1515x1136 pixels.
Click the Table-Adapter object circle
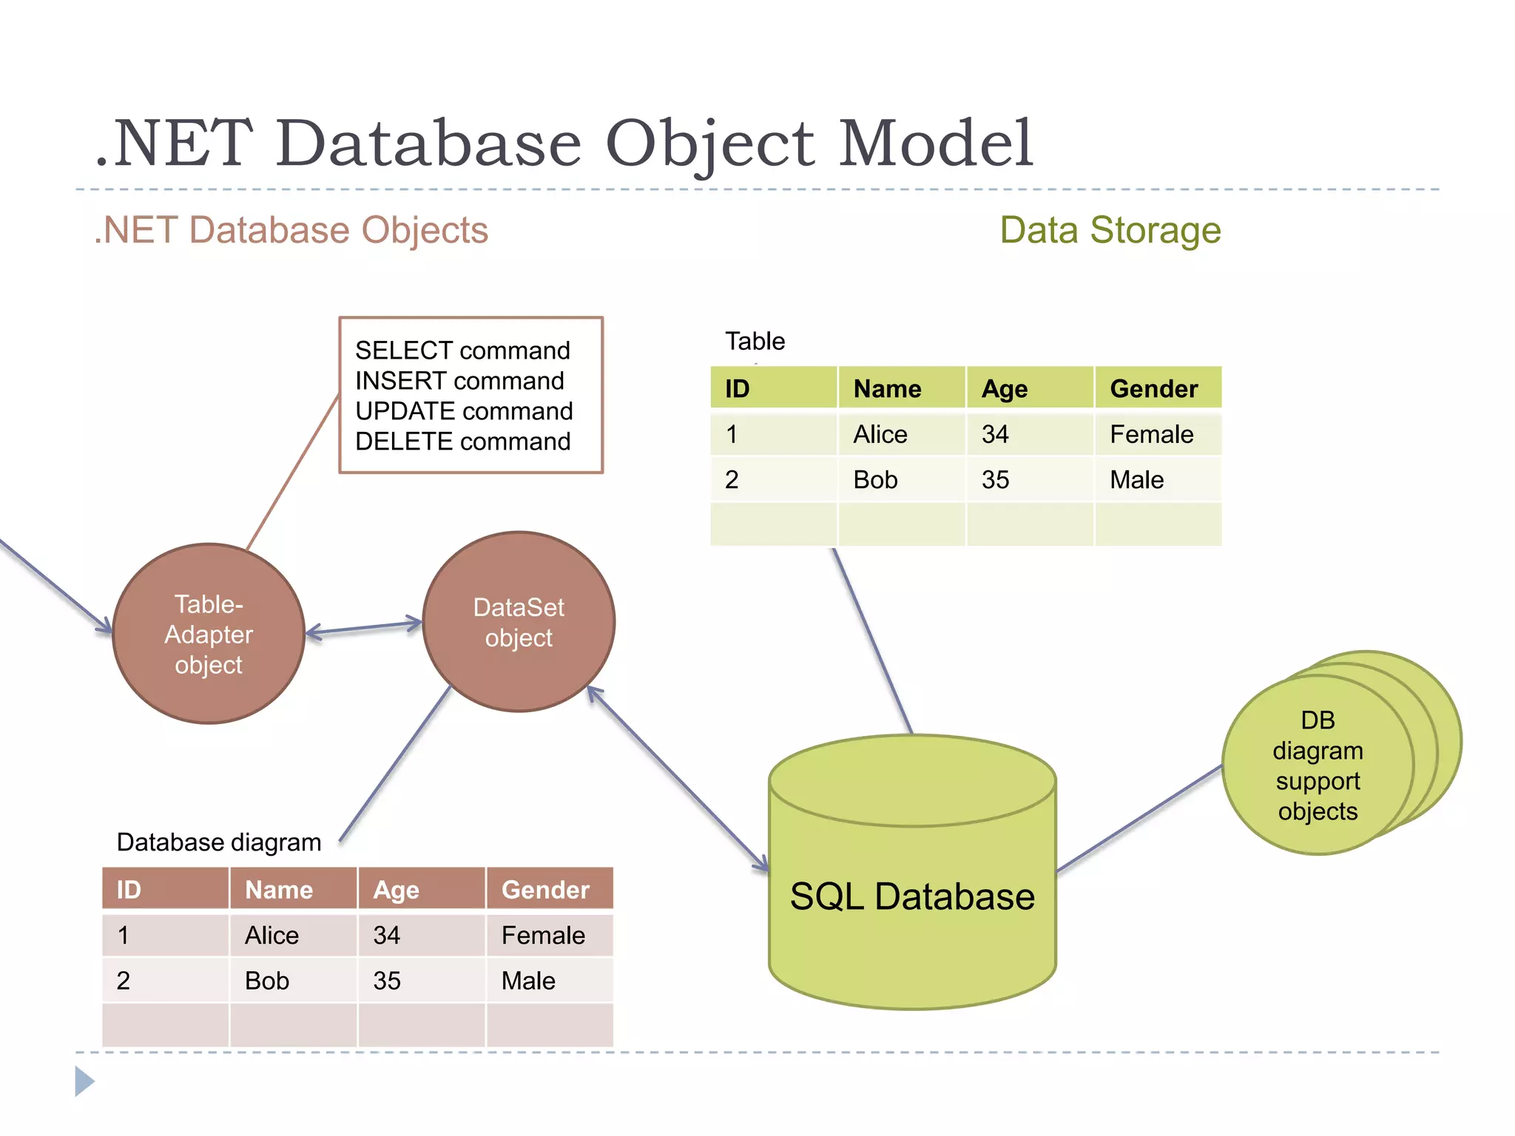click(209, 634)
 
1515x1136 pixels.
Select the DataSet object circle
click(519, 622)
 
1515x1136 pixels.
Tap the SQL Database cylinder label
click(911, 896)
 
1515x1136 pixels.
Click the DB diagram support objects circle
click(1317, 765)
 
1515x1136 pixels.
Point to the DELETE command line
click(463, 442)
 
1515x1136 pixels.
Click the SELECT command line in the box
click(463, 350)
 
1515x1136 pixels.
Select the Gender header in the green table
click(1153, 388)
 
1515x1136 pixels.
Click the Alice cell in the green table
click(880, 434)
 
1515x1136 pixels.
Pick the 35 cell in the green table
click(995, 480)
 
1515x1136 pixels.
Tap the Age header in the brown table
click(396, 890)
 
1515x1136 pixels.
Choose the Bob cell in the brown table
click(267, 981)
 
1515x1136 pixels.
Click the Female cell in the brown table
click(543, 936)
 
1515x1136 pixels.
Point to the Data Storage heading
click(1110, 230)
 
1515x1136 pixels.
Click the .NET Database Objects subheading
click(291, 230)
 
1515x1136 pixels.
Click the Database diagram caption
click(219, 842)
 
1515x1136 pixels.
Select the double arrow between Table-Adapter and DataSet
click(364, 628)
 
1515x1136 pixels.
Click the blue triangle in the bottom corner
click(84, 1081)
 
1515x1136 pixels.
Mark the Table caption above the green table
click(755, 341)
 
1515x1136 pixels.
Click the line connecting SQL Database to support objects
click(1139, 819)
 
